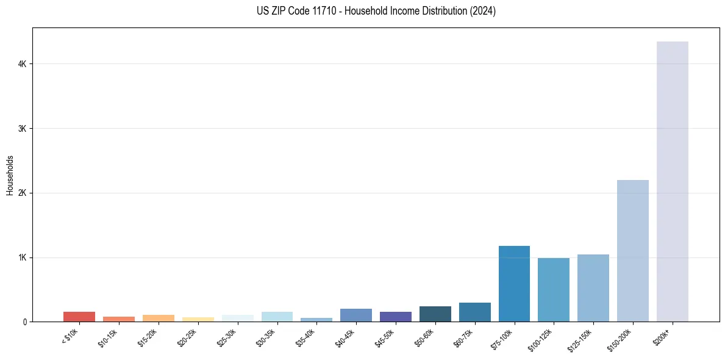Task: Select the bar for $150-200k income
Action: pyautogui.click(x=632, y=251)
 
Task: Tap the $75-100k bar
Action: pyautogui.click(x=514, y=284)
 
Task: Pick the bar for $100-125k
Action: pyautogui.click(x=554, y=290)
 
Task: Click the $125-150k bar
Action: pyautogui.click(x=593, y=288)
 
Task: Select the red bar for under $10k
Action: pyautogui.click(x=79, y=317)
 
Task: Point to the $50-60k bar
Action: pyautogui.click(x=435, y=314)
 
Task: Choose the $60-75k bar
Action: pyautogui.click(x=474, y=312)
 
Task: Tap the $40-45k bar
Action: pyautogui.click(x=356, y=315)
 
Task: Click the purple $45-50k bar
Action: pyautogui.click(x=396, y=317)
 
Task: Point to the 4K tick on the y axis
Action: pyautogui.click(x=23, y=64)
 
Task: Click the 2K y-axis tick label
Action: pyautogui.click(x=23, y=193)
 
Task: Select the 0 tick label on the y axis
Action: pyautogui.click(x=25, y=322)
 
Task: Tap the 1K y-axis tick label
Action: pyautogui.click(x=23, y=257)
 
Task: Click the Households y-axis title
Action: pyautogui.click(x=10, y=175)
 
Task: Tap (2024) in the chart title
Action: pyautogui.click(x=482, y=11)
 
